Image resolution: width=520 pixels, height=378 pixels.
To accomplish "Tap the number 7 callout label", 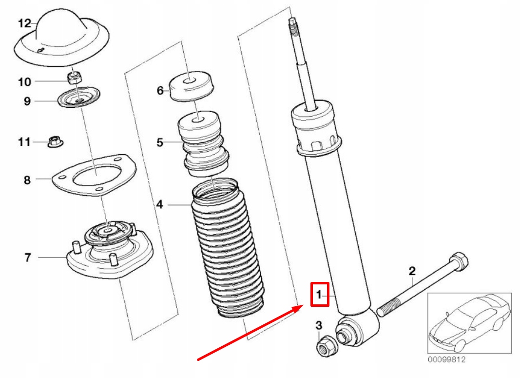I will tap(28, 257).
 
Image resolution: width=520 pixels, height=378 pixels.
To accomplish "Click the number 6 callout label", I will tap(160, 90).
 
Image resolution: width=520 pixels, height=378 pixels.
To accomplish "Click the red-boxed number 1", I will tap(320, 294).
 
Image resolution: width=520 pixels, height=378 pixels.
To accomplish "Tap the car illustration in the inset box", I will tap(468, 322).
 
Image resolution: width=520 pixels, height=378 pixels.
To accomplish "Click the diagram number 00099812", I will tap(447, 360).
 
